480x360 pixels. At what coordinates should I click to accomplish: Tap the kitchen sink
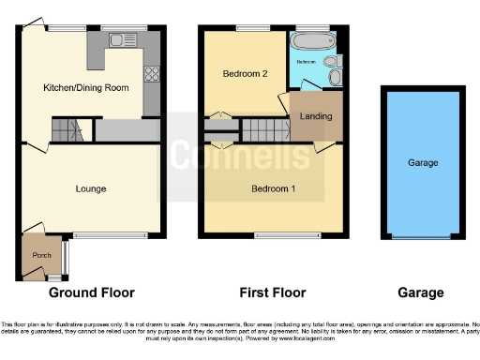tap(121, 39)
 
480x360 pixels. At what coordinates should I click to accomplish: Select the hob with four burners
tap(151, 73)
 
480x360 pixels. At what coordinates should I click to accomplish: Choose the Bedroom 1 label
tap(274, 188)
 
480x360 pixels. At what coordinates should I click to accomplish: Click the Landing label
tap(315, 115)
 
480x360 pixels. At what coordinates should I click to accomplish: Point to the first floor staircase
tap(263, 129)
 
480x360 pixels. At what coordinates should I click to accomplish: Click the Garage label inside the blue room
tap(422, 163)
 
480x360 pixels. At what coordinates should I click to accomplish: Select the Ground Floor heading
tap(92, 292)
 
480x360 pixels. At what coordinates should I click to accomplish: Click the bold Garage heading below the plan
tap(421, 292)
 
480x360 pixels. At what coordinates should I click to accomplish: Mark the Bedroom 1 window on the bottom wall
tap(273, 234)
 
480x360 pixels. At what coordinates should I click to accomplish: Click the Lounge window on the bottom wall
tap(109, 233)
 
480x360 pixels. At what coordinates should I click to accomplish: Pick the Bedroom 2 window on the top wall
tap(248, 28)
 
